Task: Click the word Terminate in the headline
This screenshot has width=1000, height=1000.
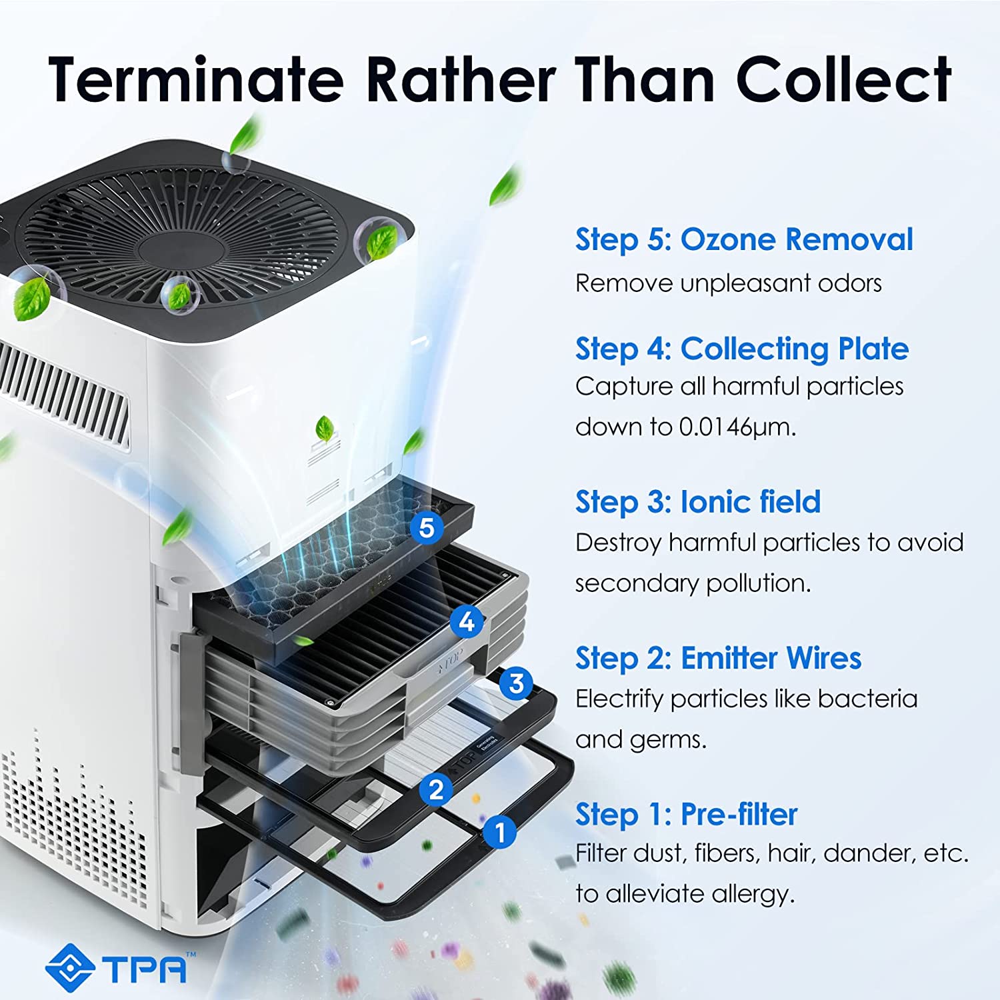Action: pyautogui.click(x=197, y=79)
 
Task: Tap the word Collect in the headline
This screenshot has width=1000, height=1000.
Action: pyautogui.click(x=844, y=79)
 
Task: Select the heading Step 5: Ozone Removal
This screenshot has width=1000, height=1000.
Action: pyautogui.click(x=744, y=240)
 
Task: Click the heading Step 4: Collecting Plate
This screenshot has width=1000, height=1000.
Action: pyautogui.click(x=742, y=349)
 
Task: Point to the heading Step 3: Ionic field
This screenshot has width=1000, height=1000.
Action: pyautogui.click(x=698, y=502)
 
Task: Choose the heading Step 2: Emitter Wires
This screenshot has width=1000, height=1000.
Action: pyautogui.click(x=719, y=659)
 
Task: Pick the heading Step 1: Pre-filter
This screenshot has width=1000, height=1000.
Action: pyautogui.click(x=687, y=815)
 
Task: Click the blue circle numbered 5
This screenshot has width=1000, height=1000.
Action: pyautogui.click(x=427, y=528)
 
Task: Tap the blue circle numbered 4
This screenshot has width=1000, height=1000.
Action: pyautogui.click(x=467, y=622)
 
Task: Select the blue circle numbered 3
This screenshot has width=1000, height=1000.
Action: pyautogui.click(x=516, y=683)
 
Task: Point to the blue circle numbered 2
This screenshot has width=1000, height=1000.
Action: pyautogui.click(x=437, y=790)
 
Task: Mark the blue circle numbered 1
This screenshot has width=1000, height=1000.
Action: pyautogui.click(x=499, y=832)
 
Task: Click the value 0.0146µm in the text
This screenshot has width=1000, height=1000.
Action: pyautogui.click(x=737, y=427)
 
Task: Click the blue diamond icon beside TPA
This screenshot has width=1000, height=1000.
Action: pyautogui.click(x=69, y=967)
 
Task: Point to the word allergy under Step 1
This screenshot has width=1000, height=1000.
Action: pyautogui.click(x=753, y=895)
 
